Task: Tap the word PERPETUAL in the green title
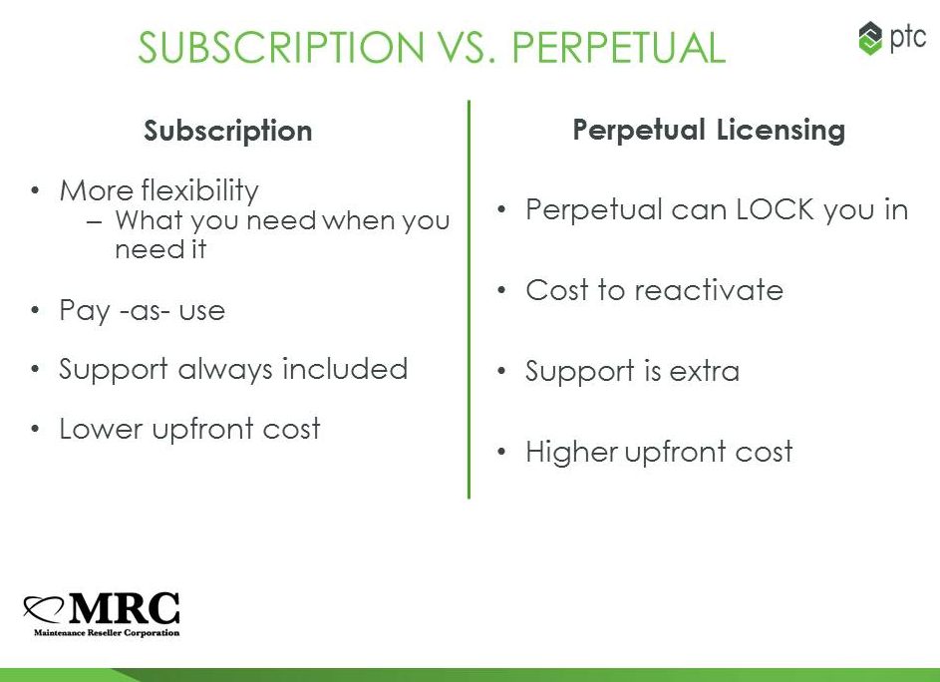click(x=618, y=47)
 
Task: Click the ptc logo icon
click(x=870, y=39)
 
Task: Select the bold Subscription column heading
click(x=228, y=132)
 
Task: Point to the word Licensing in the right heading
click(x=781, y=131)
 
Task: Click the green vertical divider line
click(x=469, y=299)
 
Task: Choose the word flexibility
click(x=200, y=191)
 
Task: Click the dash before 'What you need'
click(x=94, y=221)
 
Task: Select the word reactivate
click(x=709, y=290)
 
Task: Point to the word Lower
click(x=101, y=429)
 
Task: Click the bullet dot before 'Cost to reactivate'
click(x=501, y=291)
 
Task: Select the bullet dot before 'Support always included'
click(x=35, y=370)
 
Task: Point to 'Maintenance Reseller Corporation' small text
click(x=107, y=633)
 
